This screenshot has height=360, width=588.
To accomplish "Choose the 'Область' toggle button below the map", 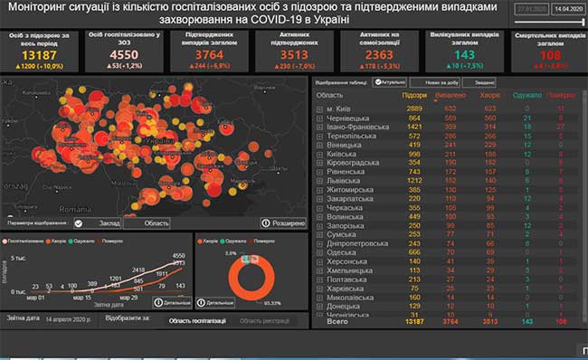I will pyautogui.click(x=156, y=223).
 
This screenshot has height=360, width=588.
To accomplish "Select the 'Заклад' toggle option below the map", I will pyautogui.click(x=107, y=223).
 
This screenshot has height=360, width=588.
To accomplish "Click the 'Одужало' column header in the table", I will pyautogui.click(x=520, y=94).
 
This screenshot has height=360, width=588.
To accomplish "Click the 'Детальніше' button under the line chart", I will pyautogui.click(x=172, y=301).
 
